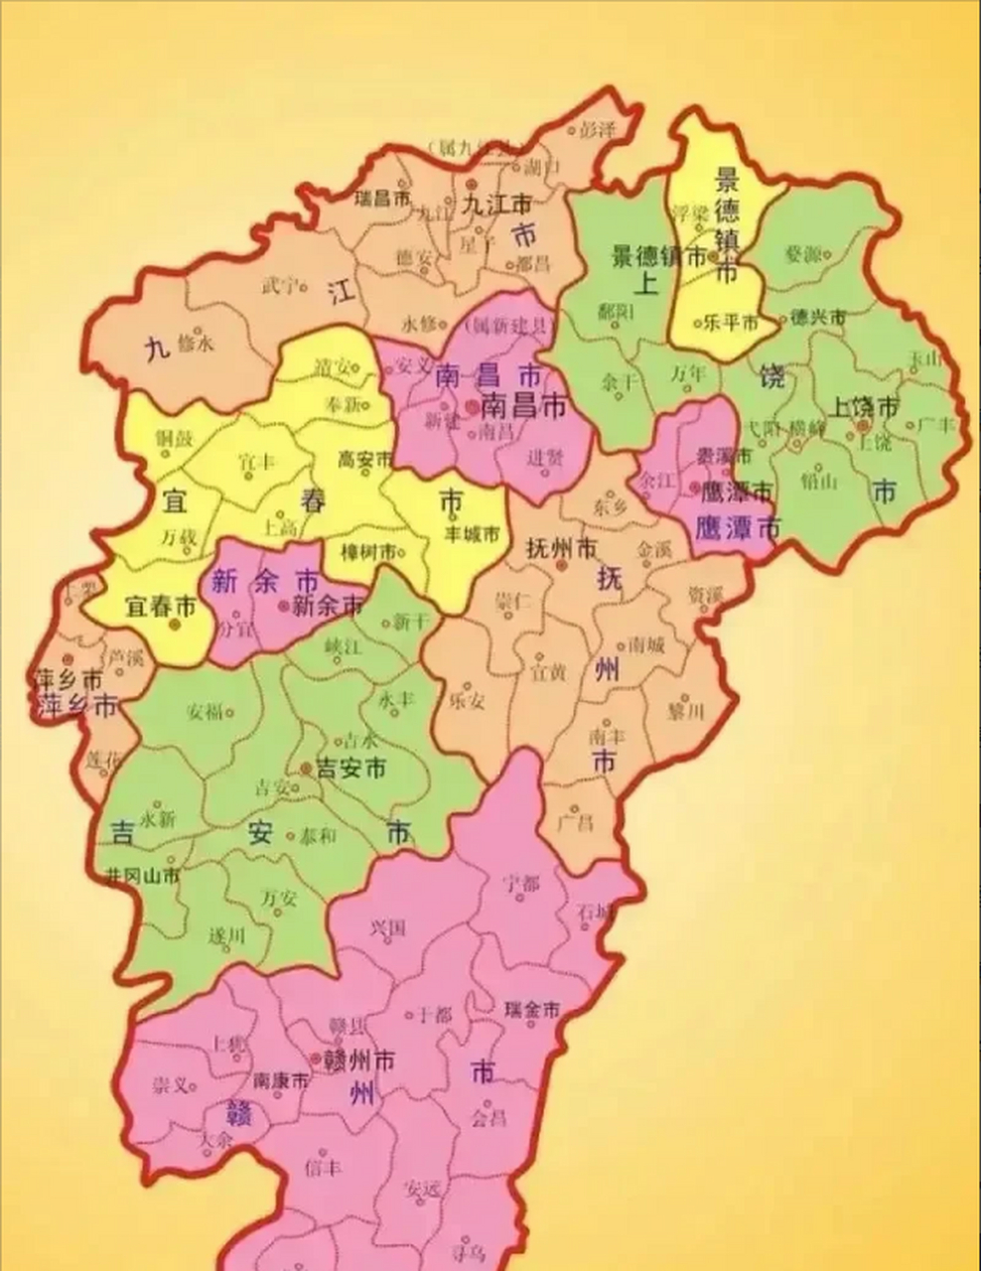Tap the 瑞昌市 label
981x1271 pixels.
[x=382, y=199]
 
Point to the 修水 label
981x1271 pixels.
[x=195, y=344]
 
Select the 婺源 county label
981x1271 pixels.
[x=802, y=255]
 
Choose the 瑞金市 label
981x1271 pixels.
[x=532, y=1009]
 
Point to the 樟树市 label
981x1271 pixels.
[x=371, y=552]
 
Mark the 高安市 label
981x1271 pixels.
[x=365, y=459]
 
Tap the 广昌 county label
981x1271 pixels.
[x=575, y=823]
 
